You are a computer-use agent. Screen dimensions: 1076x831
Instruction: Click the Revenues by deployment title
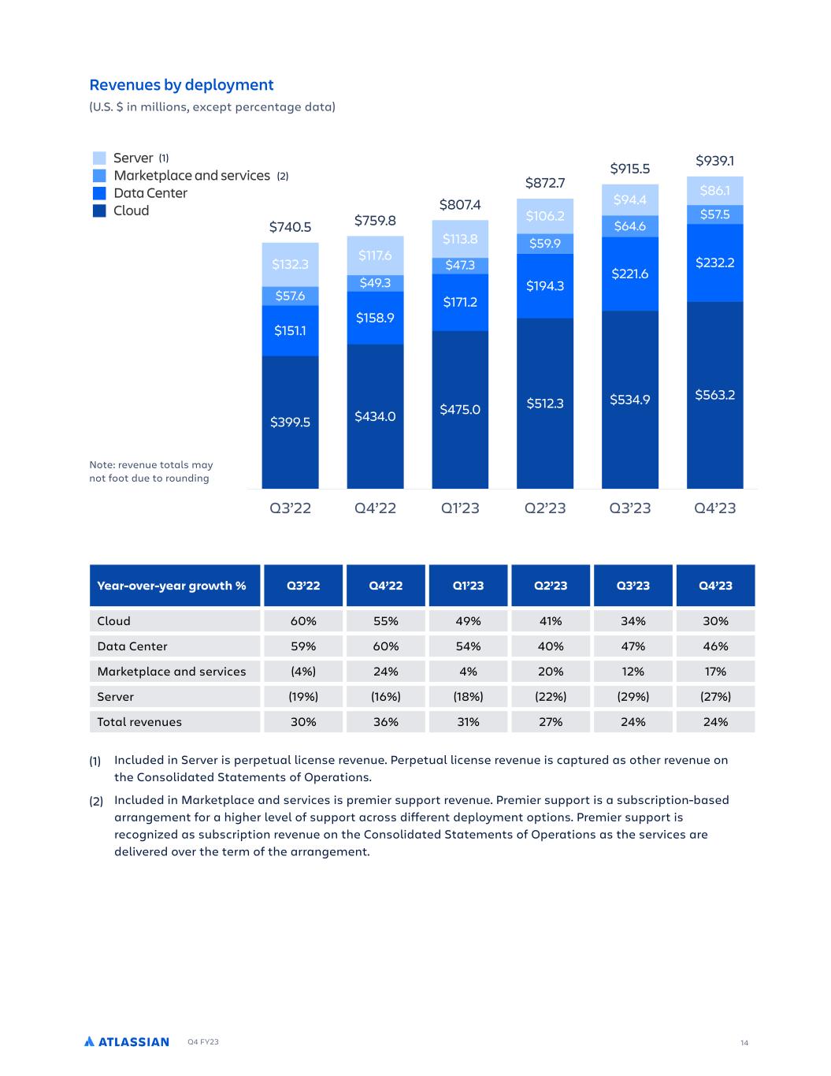pyautogui.click(x=181, y=85)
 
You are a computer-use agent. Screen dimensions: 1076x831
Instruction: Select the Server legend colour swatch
pyautogui.click(x=99, y=158)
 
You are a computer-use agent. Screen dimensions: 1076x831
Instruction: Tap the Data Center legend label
pyautogui.click(x=150, y=193)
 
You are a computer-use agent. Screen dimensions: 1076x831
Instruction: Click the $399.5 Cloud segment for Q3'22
pyautogui.click(x=290, y=422)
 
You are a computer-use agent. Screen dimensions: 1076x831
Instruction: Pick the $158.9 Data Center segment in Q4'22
pyautogui.click(x=375, y=318)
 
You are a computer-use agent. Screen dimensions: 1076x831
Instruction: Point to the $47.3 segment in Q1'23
pyautogui.click(x=460, y=266)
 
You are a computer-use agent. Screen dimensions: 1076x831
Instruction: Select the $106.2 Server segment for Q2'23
pyautogui.click(x=545, y=216)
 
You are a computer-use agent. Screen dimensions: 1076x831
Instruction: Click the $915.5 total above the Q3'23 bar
pyautogui.click(x=630, y=168)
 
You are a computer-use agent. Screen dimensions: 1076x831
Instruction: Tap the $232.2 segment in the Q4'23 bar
pyautogui.click(x=714, y=262)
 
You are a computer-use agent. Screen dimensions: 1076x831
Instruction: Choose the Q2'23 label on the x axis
pyautogui.click(x=545, y=508)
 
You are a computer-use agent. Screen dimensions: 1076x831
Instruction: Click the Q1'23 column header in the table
pyautogui.click(x=468, y=586)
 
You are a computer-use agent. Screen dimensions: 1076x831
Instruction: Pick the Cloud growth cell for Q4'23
pyautogui.click(x=715, y=621)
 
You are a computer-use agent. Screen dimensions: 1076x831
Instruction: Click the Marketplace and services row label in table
pyautogui.click(x=172, y=672)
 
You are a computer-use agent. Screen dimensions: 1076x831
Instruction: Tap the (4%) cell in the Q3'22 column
pyautogui.click(x=303, y=672)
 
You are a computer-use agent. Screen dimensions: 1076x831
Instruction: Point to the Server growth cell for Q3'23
pyautogui.click(x=633, y=697)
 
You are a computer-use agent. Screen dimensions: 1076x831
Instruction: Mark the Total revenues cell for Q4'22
pyautogui.click(x=386, y=722)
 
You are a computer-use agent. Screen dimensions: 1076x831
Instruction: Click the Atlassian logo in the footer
pyautogui.click(x=127, y=1042)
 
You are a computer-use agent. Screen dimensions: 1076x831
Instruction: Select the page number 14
pyautogui.click(x=744, y=1043)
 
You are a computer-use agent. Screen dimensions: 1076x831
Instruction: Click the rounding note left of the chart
pyautogui.click(x=151, y=471)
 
